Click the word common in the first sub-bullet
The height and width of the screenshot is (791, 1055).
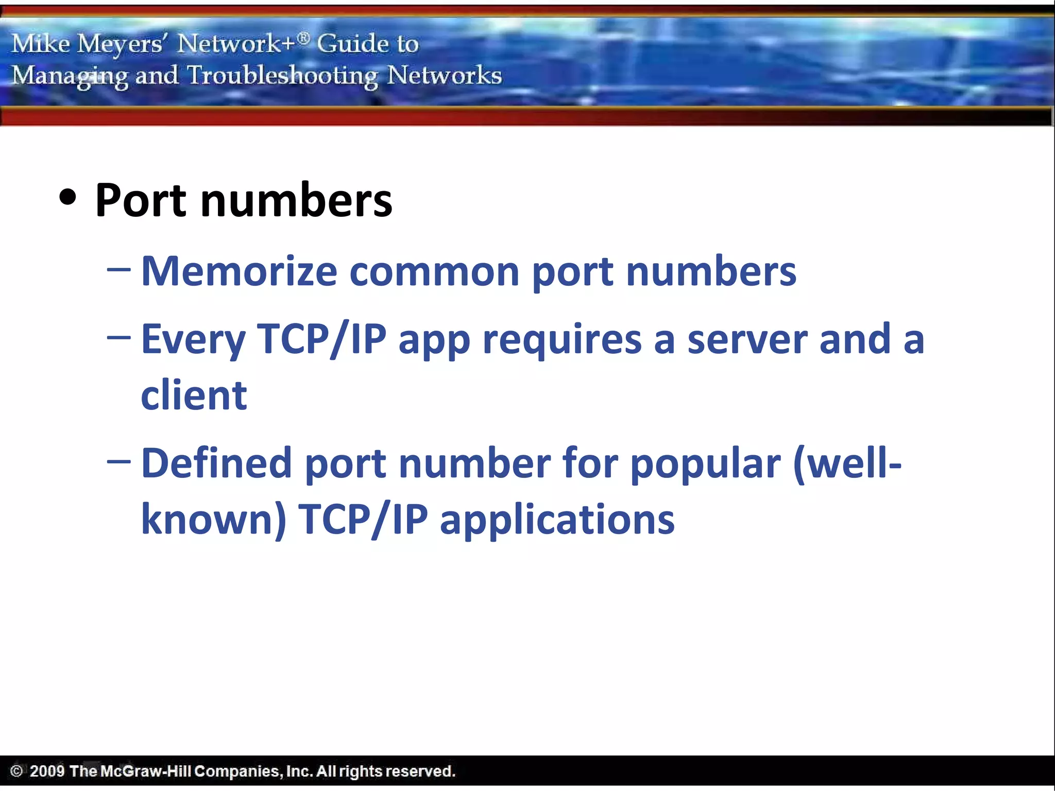point(434,271)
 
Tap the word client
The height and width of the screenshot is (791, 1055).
point(194,395)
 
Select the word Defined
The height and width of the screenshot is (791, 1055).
point(216,463)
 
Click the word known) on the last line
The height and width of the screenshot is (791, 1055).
point(213,519)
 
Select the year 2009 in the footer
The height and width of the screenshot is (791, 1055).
point(47,771)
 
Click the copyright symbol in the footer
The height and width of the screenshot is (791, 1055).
point(16,771)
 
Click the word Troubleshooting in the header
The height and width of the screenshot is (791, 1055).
point(282,76)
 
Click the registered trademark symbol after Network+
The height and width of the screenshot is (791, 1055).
point(304,37)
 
